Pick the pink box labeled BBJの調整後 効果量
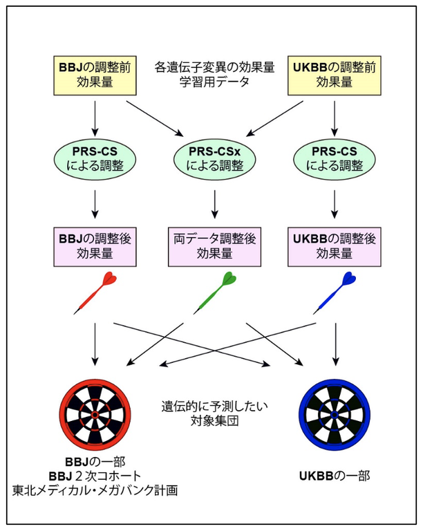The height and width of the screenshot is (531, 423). pos(93,245)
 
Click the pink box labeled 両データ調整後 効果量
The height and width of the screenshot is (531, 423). pos(214,245)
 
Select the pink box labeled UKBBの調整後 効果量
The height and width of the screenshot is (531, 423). pos(335,245)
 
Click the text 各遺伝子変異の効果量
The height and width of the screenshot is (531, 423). pos(214,68)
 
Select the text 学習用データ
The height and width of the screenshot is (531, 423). pos(214,82)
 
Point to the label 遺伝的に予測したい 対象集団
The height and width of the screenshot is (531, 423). pos(214,413)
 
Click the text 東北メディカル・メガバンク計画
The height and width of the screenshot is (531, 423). pos(95,490)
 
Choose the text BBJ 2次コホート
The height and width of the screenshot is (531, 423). pos(95,476)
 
